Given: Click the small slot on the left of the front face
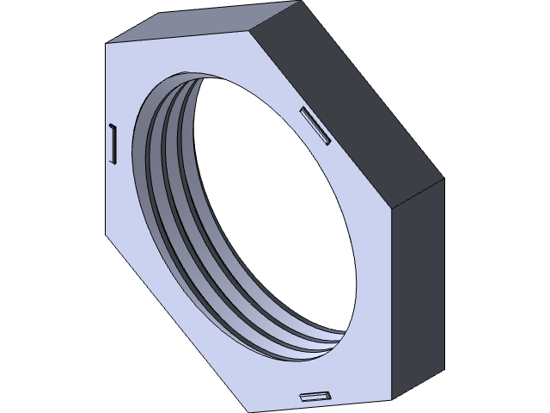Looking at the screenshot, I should tap(112, 143).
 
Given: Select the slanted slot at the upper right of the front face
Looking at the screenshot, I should tap(315, 126).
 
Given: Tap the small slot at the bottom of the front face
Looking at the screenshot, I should tap(315, 397).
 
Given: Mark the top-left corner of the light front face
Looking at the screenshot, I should tap(106, 43).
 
